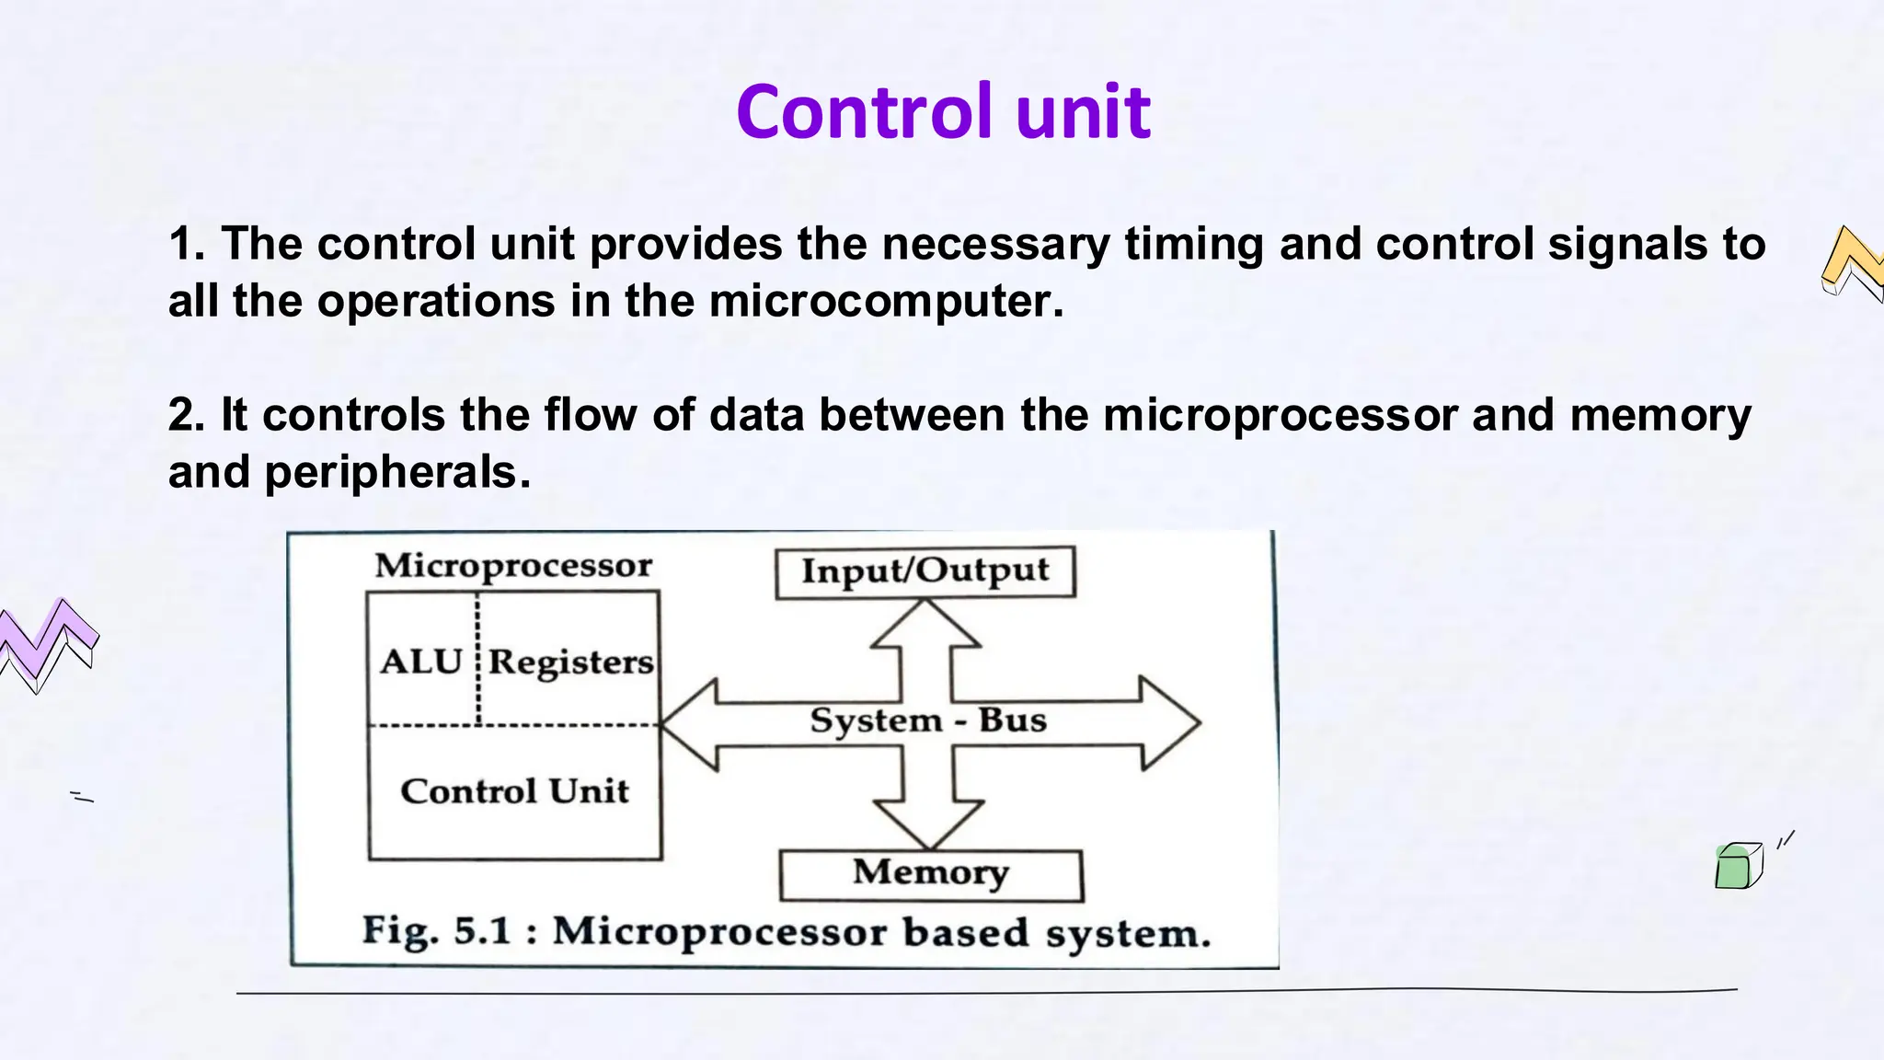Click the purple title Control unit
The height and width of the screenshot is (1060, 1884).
[x=943, y=112]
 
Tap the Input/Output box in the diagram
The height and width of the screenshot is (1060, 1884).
[x=925, y=571]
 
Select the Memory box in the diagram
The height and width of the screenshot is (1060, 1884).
[x=930, y=874]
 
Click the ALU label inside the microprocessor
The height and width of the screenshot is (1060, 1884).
[x=420, y=662]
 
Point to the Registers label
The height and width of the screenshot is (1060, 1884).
[x=570, y=662]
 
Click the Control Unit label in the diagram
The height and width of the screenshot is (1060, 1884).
[x=514, y=791]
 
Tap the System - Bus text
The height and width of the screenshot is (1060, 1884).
[x=927, y=720]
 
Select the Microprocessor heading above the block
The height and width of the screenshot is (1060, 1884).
[x=513, y=565]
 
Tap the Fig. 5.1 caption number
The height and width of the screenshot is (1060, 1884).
[x=482, y=931]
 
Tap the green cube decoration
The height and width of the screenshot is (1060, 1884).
[x=1737, y=866]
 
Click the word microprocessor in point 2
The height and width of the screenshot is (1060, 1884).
[x=1280, y=415]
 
